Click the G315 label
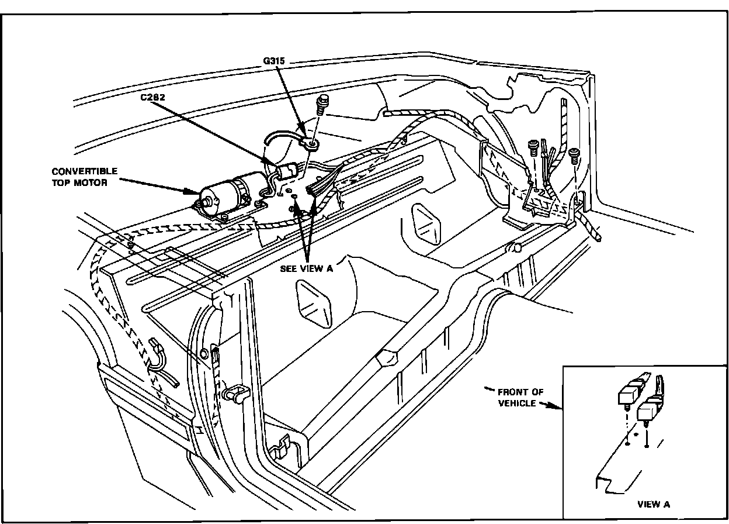pos(274,61)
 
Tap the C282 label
pos(152,97)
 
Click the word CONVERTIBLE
pos(85,171)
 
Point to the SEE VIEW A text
pos(307,268)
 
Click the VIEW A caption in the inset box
pos(654,505)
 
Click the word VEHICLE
pos(517,404)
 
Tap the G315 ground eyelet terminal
pos(310,144)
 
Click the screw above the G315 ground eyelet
pos(321,104)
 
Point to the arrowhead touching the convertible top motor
pos(195,191)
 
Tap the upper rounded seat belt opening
pos(426,223)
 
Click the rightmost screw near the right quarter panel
pos(574,156)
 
